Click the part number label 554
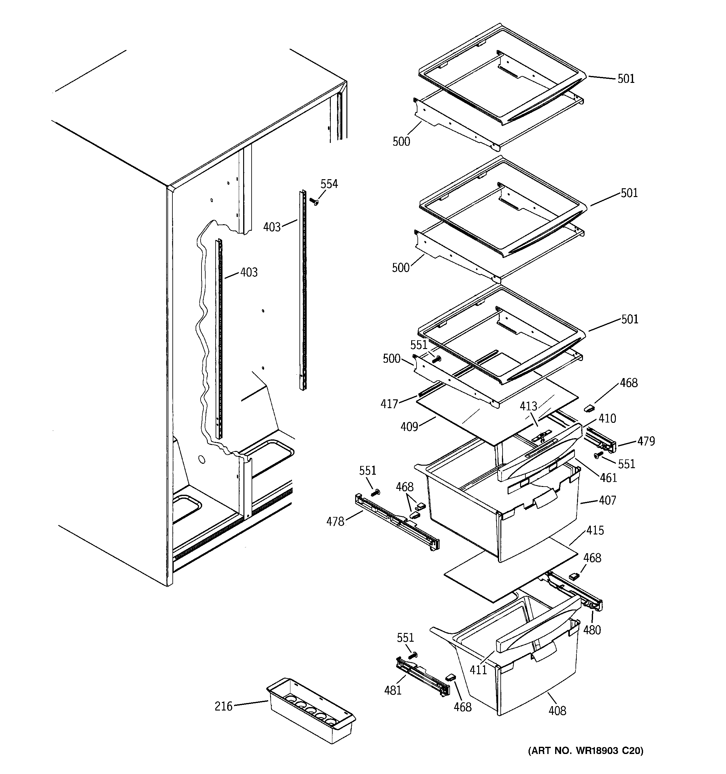point(329,184)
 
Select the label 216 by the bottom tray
point(223,706)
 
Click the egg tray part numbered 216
point(311,712)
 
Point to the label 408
point(557,711)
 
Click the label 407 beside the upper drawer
point(607,500)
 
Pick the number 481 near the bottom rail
point(392,690)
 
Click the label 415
point(595,530)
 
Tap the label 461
point(608,478)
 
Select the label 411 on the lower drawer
point(478,670)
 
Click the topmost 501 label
point(626,78)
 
